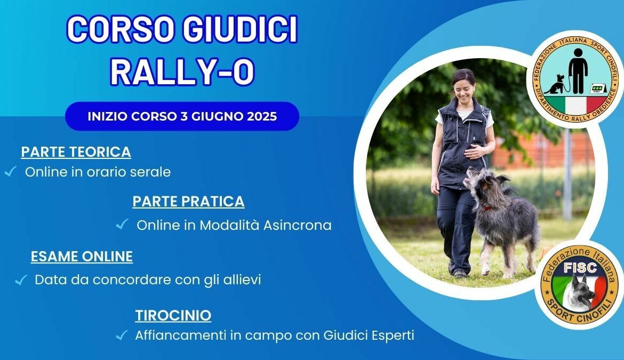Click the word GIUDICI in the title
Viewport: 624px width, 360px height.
tap(240, 29)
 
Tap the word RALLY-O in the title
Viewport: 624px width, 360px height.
tap(182, 71)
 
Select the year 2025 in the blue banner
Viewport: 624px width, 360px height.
tap(262, 117)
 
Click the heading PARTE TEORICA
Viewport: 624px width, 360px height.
tap(76, 152)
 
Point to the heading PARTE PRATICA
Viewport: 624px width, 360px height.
tap(188, 202)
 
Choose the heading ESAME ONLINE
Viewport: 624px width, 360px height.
tap(82, 257)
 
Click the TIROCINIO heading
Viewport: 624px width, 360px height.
tap(173, 315)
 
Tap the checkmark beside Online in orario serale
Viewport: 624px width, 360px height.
tap(10, 171)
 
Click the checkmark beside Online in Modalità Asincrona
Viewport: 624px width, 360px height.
tap(122, 225)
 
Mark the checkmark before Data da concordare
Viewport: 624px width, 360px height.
tap(21, 280)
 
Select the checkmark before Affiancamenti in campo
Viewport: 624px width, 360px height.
tap(122, 335)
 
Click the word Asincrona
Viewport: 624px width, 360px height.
tap(297, 225)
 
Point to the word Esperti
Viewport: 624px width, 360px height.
tap(393, 335)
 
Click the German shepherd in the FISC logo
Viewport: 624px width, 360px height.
tap(580, 292)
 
